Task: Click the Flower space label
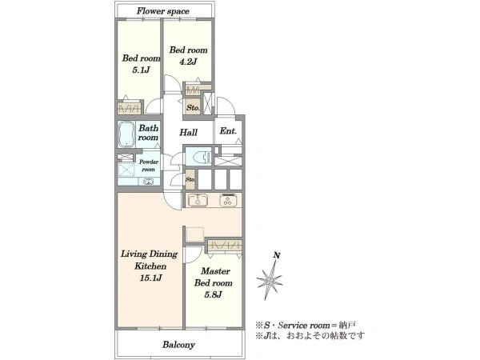pos(163,11)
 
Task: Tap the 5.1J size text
pos(141,70)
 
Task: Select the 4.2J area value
pos(188,62)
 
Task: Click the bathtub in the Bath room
pos(126,134)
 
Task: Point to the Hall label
pos(188,133)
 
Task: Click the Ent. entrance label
pos(228,131)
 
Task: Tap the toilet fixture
pos(202,158)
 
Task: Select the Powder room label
pos(149,166)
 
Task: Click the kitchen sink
pos(198,201)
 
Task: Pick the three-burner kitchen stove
pos(227,200)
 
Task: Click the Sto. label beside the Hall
pos(193,108)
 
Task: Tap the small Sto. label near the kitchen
pos(190,180)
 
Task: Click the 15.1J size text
pos(150,278)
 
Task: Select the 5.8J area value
pos(213,294)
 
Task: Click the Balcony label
pos(178,345)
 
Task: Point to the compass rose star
pos(270,280)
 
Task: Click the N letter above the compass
pos(277,255)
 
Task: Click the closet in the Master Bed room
pos(225,246)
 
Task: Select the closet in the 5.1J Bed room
pos(130,108)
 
